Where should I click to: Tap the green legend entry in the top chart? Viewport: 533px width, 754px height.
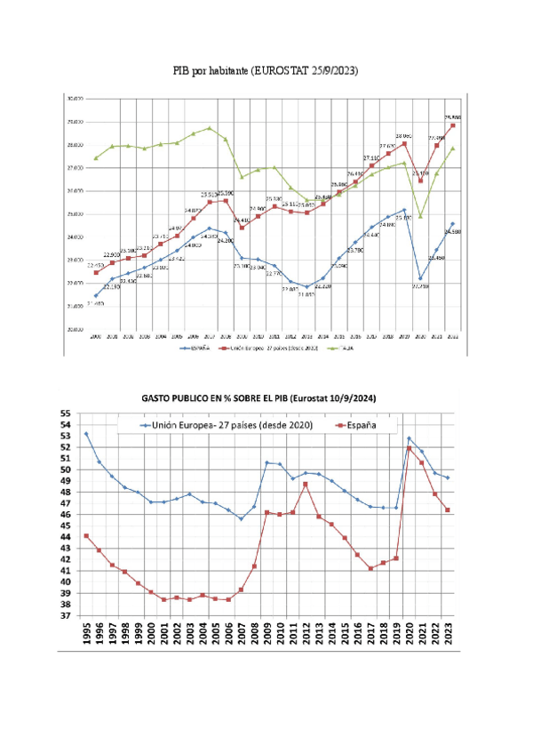tap(346, 349)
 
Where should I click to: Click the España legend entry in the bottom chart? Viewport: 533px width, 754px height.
tap(350, 426)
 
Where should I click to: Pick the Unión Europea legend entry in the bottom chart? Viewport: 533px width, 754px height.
tap(226, 426)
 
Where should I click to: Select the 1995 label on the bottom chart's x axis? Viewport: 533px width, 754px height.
tap(86, 632)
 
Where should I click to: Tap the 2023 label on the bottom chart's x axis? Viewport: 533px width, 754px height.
tap(447, 632)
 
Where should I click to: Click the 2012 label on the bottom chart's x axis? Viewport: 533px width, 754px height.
tap(305, 632)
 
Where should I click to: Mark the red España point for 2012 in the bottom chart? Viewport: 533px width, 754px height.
tap(305, 484)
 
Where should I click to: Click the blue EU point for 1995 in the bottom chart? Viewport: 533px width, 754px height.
tap(86, 434)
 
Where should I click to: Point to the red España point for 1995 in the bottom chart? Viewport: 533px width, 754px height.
tap(86, 536)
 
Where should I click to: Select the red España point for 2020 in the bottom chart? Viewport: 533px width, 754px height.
tap(409, 448)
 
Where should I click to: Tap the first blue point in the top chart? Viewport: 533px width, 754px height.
tap(96, 295)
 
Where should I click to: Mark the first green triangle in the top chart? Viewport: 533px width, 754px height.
tap(96, 158)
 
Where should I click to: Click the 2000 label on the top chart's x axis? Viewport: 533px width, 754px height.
tap(96, 337)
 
